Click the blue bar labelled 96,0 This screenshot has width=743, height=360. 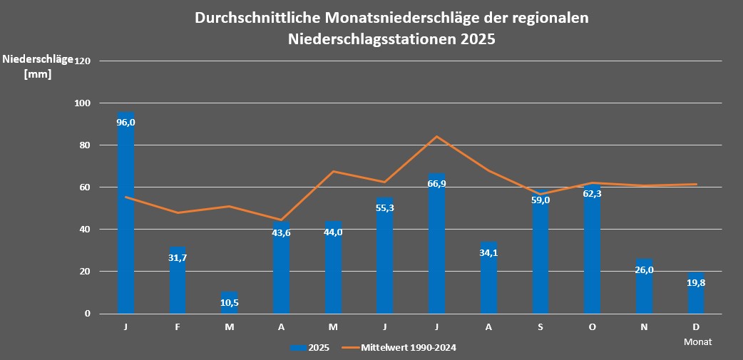tap(125, 214)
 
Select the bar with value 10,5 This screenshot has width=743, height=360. tap(229, 303)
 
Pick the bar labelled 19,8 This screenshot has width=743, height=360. tap(696, 294)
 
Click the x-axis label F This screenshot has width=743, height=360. tap(178, 327)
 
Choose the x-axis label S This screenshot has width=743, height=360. tap(540, 327)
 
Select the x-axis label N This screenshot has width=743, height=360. tap(645, 327)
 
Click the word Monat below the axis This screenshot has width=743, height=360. tap(697, 341)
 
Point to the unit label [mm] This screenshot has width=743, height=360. tap(38, 73)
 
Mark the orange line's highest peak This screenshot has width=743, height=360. tap(436, 136)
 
